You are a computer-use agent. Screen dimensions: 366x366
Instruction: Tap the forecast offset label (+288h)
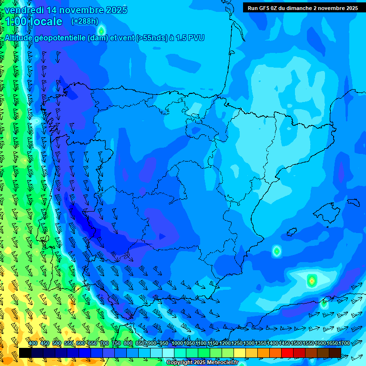pos(84,21)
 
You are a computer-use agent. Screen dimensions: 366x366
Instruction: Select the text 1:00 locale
pos(33,21)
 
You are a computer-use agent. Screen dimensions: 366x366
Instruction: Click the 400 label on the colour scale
pos(33,344)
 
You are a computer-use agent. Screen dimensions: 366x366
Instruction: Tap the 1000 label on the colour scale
pos(177,344)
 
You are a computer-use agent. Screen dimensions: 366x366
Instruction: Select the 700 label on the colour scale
pos(104,344)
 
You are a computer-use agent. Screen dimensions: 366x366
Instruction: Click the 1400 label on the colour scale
pos(272,344)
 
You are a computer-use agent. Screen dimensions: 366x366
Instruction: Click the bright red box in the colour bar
pos(287,353)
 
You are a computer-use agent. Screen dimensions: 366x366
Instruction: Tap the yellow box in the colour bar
pos(240,353)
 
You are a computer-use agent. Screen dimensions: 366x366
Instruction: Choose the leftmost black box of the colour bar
pos(25,353)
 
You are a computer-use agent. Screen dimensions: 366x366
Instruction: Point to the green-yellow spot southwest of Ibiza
pos(276,251)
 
